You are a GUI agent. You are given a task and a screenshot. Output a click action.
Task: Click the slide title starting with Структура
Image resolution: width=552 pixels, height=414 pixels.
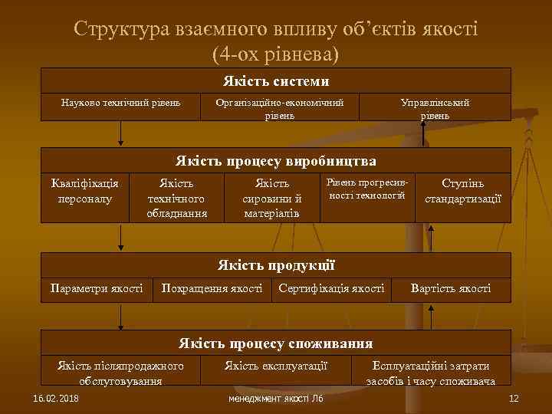276,41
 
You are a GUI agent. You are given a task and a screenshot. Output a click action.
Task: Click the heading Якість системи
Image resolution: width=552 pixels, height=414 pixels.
276,80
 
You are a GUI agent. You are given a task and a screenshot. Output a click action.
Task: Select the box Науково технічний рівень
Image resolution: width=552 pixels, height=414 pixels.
120,102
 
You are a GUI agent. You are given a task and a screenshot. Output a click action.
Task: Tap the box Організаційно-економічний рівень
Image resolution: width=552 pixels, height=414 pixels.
279,108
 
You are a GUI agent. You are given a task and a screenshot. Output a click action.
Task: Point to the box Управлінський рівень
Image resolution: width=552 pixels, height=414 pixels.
435,108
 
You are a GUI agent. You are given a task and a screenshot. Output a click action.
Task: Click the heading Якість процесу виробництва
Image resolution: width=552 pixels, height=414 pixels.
276,161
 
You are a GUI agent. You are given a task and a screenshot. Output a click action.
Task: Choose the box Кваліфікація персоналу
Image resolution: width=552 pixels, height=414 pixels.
84,191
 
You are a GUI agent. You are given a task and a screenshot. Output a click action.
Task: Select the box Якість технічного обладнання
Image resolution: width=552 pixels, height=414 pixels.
177,198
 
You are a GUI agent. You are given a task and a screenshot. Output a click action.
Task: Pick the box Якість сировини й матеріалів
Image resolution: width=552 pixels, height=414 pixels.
271,198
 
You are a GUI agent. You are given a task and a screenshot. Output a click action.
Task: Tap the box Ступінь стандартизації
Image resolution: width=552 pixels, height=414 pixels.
463,191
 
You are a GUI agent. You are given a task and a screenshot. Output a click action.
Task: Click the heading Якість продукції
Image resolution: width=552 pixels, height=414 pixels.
276,265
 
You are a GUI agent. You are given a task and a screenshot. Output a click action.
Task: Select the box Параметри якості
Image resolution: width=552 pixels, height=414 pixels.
97,288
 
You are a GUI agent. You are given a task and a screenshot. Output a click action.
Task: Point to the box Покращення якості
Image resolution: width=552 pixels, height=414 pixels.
212,288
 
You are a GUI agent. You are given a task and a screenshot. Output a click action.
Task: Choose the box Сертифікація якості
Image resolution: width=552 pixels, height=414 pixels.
332,288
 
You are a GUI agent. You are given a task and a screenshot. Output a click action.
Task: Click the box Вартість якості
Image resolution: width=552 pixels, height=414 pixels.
451,288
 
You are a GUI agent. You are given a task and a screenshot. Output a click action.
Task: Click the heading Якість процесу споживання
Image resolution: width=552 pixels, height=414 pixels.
276,343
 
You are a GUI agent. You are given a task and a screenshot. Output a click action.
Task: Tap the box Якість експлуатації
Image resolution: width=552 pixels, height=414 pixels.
276,366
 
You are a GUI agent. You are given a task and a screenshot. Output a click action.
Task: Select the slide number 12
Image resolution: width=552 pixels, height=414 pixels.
514,399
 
